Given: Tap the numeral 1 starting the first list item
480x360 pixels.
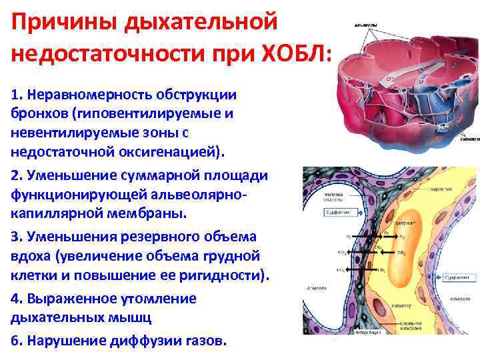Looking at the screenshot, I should click(x=15, y=95).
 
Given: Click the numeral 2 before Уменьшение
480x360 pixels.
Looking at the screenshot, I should click(x=15, y=175).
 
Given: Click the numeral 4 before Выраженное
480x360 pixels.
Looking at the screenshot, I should click(x=15, y=299).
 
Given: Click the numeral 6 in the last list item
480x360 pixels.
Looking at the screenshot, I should click(x=15, y=340).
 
